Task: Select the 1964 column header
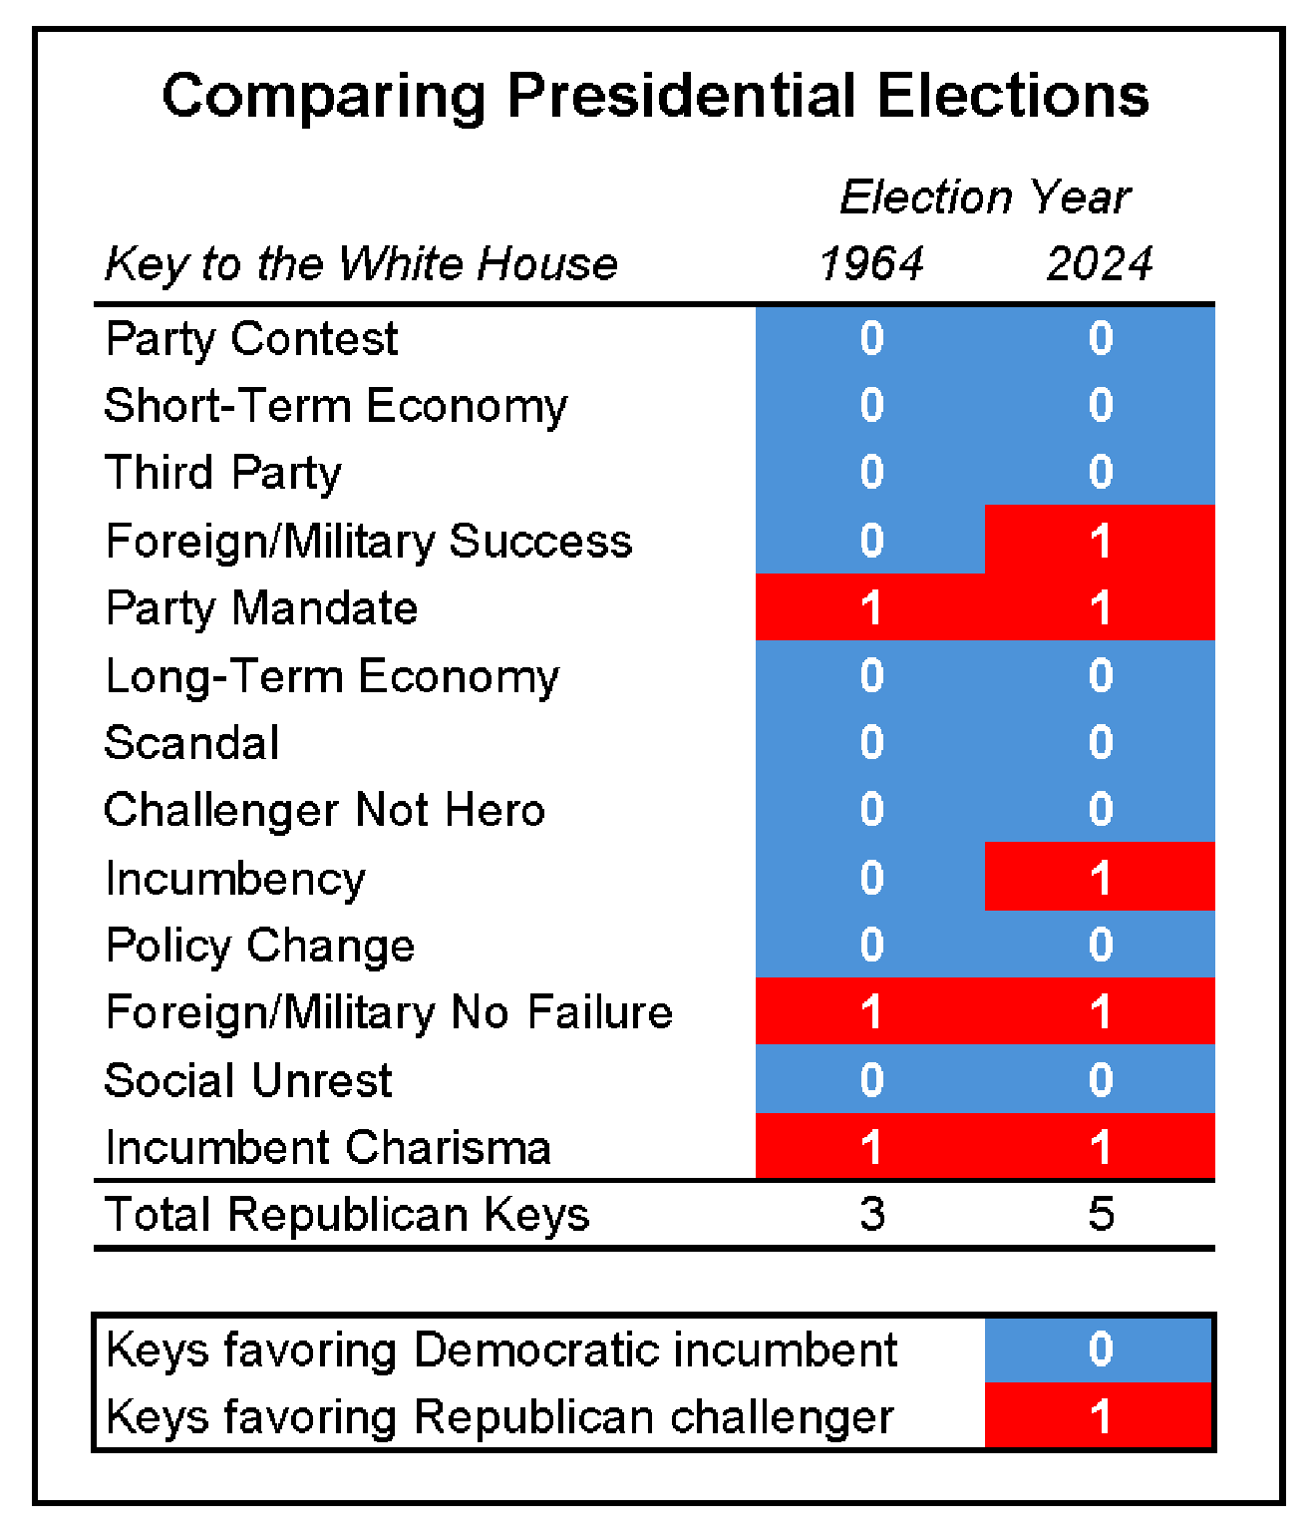tap(871, 263)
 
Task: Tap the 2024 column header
tap(1101, 263)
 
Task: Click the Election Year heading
tap(985, 197)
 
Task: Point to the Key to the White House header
tap(362, 264)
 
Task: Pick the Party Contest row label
tap(251, 340)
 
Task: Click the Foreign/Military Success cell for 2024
tap(1100, 540)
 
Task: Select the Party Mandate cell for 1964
tap(870, 606)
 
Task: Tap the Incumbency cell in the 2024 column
tap(1100, 877)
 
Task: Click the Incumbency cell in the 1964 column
tap(870, 877)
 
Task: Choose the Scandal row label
tap(192, 743)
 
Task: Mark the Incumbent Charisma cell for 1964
tap(870, 1146)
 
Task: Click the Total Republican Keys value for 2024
tap(1101, 1214)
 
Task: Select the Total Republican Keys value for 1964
tap(872, 1214)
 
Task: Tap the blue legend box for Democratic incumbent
tap(1098, 1349)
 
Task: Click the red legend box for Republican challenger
tap(1098, 1414)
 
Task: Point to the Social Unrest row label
tap(247, 1080)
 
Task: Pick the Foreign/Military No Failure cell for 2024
tap(1100, 1010)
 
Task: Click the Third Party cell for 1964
tap(870, 472)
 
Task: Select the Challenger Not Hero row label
tap(324, 810)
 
